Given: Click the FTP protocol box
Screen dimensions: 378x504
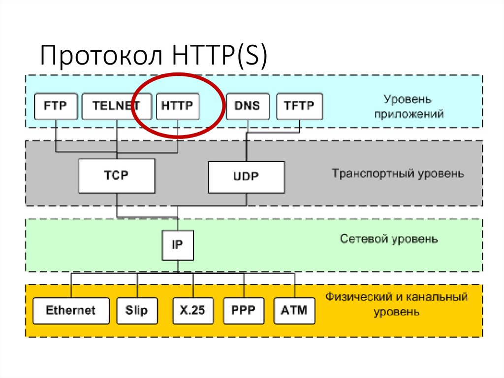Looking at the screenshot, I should coord(55,105).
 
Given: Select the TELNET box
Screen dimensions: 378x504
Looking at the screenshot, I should coord(116,105).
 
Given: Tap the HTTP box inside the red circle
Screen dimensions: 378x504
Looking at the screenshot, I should coord(177,105).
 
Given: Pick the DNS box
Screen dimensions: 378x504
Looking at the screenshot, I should coord(248,105).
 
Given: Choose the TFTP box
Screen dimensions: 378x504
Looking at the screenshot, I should coord(300,105).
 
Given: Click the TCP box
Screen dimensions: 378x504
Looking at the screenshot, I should coord(117,176).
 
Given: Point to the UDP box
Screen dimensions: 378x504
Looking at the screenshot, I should coord(246,177).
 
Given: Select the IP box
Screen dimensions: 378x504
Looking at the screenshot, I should coord(177,244).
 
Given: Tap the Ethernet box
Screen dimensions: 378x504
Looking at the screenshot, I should coord(71,310).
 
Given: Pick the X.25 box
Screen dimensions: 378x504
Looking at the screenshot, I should coord(192,310).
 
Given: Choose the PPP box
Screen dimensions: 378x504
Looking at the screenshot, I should coord(244,310).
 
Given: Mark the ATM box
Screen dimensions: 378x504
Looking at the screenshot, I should coord(294,310).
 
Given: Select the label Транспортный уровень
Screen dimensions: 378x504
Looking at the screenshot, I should coord(397,174).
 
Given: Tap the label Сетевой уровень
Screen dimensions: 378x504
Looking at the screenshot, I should coord(388,240).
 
